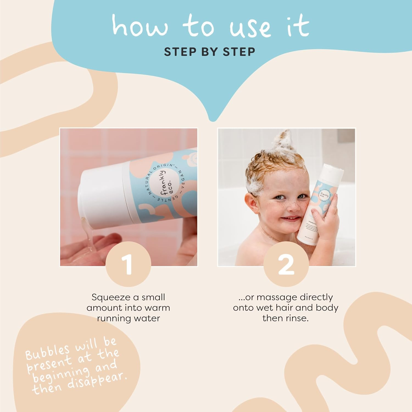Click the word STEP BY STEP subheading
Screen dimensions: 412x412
(210, 52)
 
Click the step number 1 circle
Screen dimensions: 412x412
(128, 264)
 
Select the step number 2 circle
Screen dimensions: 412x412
(286, 264)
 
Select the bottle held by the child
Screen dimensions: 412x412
(320, 203)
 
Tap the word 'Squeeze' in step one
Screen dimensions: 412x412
(109, 297)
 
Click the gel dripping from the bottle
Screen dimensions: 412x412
(88, 236)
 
